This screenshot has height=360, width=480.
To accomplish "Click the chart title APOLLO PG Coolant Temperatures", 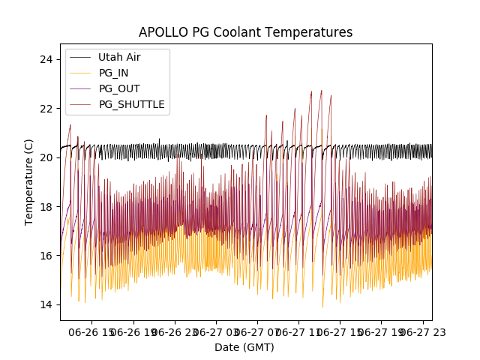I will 245,32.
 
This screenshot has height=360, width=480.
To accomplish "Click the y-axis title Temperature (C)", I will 29,181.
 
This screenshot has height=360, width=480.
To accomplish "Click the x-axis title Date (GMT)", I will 244,347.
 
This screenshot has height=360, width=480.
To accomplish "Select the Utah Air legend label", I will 119,57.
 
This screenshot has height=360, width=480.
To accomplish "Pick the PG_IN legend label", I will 114,73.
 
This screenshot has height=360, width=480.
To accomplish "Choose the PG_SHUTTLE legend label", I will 131,104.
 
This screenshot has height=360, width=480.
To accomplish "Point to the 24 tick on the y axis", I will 49,59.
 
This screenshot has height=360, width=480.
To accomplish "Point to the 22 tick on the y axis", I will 49,108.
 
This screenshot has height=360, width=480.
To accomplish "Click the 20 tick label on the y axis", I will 49,157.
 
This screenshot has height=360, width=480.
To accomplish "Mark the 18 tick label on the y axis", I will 49,206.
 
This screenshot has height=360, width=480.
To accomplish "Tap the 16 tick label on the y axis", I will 49,256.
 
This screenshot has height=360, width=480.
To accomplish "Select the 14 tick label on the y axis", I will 49,304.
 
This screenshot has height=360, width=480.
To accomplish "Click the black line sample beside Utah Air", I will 81,57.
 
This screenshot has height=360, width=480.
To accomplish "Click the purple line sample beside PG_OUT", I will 81,88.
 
